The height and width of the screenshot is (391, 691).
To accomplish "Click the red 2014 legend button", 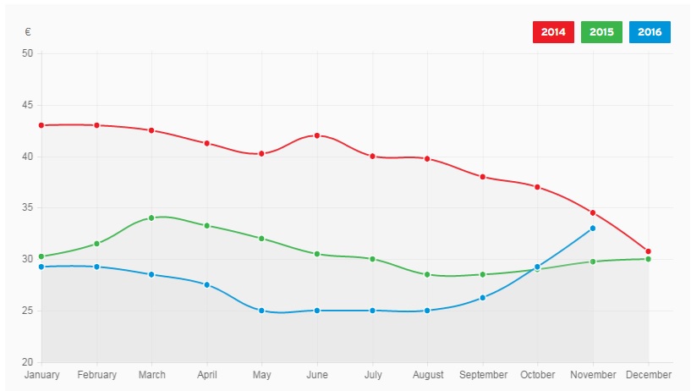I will [552, 32].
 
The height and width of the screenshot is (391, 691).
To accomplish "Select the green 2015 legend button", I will [601, 32].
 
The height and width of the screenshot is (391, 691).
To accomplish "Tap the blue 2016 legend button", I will [650, 32].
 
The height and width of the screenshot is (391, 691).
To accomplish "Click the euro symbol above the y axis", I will [28, 32].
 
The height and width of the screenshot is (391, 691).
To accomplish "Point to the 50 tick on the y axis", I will [27, 53].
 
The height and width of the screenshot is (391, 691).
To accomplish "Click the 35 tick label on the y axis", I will [27, 208].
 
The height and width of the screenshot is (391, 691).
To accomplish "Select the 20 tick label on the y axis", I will [27, 362].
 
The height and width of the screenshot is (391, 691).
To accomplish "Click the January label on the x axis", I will [41, 374].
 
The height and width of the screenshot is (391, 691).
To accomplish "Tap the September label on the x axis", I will [482, 374].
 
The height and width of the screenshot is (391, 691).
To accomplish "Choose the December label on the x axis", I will [649, 374].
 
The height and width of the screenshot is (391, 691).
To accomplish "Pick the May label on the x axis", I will [261, 374].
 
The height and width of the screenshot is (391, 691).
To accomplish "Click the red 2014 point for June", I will [317, 135].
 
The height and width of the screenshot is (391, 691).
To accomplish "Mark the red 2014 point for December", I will [648, 251].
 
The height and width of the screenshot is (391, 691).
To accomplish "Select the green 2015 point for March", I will [151, 218].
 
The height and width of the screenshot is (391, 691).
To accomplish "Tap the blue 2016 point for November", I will [593, 228].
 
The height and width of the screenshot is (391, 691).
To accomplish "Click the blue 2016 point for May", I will [261, 311].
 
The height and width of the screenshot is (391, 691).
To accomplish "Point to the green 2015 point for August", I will [427, 274].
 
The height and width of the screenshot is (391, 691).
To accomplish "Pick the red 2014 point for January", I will [41, 125].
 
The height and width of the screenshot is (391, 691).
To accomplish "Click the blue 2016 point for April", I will [206, 284].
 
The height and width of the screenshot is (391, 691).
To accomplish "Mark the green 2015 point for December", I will [648, 259].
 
